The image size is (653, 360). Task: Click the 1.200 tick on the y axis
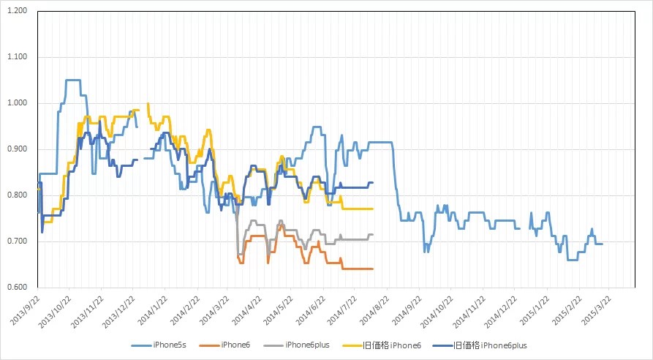tap(17, 11)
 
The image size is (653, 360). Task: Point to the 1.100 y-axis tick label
tap(17, 56)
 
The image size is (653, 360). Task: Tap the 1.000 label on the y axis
tap(17, 103)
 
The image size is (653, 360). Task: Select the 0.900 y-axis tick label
tap(17, 149)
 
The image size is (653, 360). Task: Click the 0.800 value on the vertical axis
tap(17, 195)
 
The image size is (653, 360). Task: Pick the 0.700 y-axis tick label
tap(17, 241)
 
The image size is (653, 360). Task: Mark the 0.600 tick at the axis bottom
tap(17, 287)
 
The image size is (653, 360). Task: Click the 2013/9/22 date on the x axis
tap(25, 310)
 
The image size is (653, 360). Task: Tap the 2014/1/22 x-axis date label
tap(153, 310)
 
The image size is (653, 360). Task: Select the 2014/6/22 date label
tap(311, 310)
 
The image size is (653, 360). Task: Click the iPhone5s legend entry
tap(159, 345)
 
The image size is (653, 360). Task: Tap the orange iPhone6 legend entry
tap(225, 345)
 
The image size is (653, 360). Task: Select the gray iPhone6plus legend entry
tap(296, 345)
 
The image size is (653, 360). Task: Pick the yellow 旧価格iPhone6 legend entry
tap(382, 345)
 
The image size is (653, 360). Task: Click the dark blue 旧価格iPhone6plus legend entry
tap(480, 345)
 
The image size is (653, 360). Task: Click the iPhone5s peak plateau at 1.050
tap(73, 80)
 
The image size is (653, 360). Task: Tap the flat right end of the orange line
tap(358, 269)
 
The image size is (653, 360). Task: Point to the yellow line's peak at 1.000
tap(148, 103)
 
